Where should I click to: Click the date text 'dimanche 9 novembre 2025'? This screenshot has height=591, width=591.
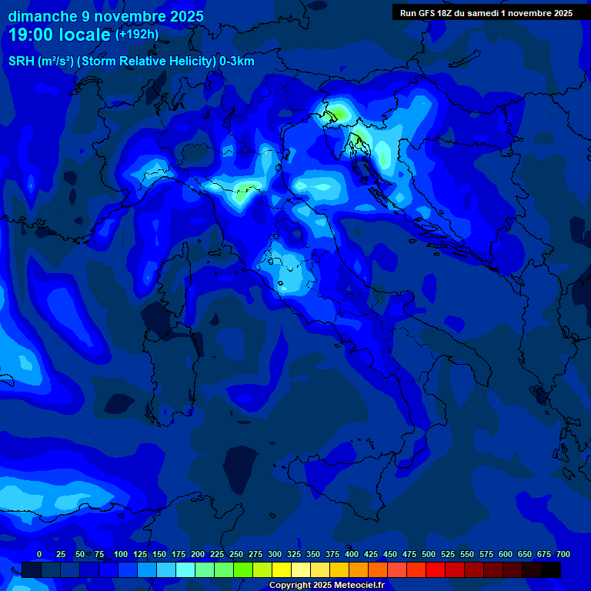105,16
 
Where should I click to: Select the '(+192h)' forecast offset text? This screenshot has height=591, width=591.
137,35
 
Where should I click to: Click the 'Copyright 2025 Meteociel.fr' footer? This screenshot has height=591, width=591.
326,586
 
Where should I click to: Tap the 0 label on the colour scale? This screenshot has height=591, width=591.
39,554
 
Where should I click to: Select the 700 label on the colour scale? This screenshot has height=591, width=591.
563,554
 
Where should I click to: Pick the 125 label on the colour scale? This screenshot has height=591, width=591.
140,554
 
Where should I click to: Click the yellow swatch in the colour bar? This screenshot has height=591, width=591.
282,569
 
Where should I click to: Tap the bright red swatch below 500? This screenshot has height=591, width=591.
436,569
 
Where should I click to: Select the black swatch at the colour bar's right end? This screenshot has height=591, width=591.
551,569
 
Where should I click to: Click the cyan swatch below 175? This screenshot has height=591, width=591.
185,569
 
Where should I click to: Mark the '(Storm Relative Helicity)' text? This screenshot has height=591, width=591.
144,62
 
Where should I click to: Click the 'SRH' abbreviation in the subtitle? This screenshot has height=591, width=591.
22,62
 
